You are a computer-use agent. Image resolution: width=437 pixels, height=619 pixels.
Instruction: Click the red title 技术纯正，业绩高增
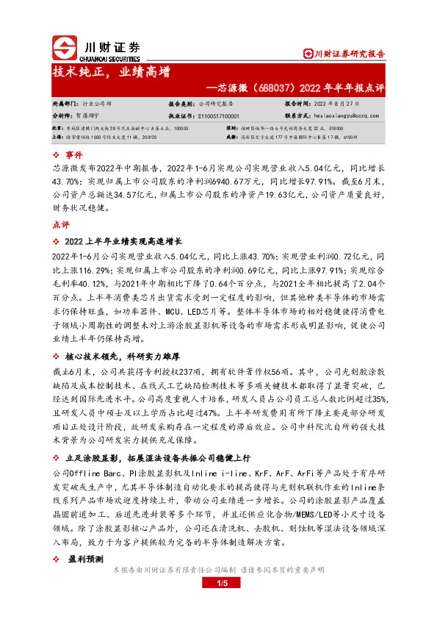[x=111, y=72]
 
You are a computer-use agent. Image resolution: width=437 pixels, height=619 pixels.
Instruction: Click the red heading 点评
[x=60, y=223]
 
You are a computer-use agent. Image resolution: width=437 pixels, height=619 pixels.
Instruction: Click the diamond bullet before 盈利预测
[x=57, y=558]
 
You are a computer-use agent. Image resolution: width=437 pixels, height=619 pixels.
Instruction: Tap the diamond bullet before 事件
[x=57, y=155]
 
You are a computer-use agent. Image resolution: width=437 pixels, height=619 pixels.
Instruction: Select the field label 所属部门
[x=65, y=104]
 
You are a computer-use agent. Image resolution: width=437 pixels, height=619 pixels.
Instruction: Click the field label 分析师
[x=63, y=116]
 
